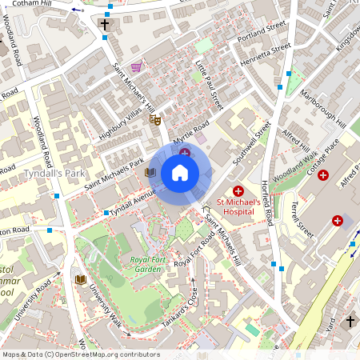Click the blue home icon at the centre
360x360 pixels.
click(180, 172)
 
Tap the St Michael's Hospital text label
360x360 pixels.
click(238, 208)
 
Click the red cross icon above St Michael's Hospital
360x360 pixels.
click(238, 190)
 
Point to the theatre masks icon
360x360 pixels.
click(155, 119)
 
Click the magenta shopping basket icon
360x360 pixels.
click(136, 67)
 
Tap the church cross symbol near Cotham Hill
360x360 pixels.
click(105, 25)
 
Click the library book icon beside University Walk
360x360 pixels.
click(80, 278)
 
